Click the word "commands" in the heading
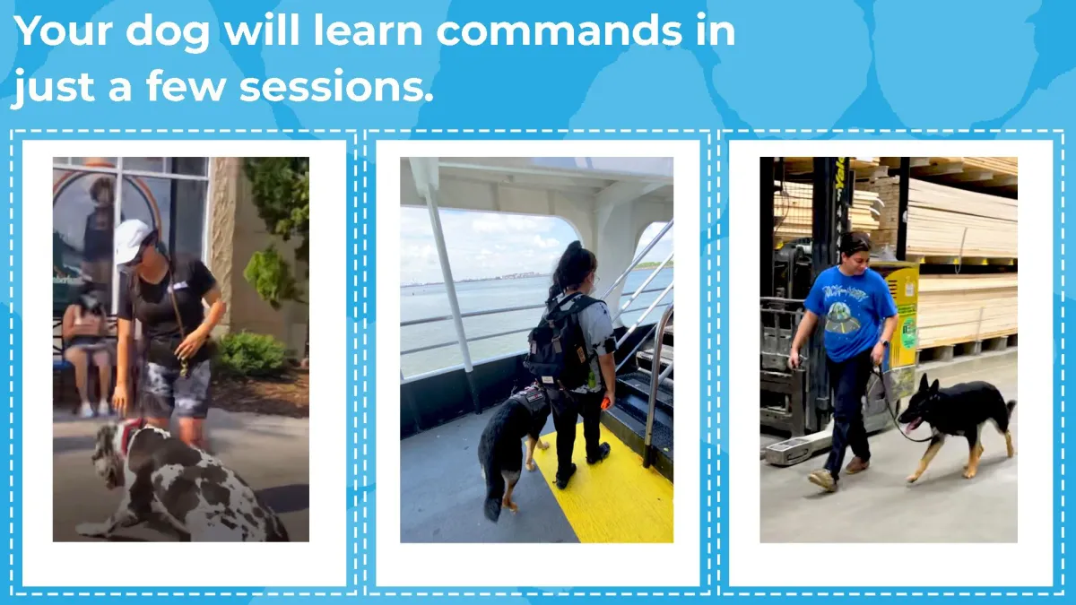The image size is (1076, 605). pos(560,31)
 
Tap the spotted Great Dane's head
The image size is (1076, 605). pos(109,453)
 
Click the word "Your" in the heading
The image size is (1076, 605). pos(63,30)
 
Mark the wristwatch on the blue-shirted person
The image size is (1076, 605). pos(885,342)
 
